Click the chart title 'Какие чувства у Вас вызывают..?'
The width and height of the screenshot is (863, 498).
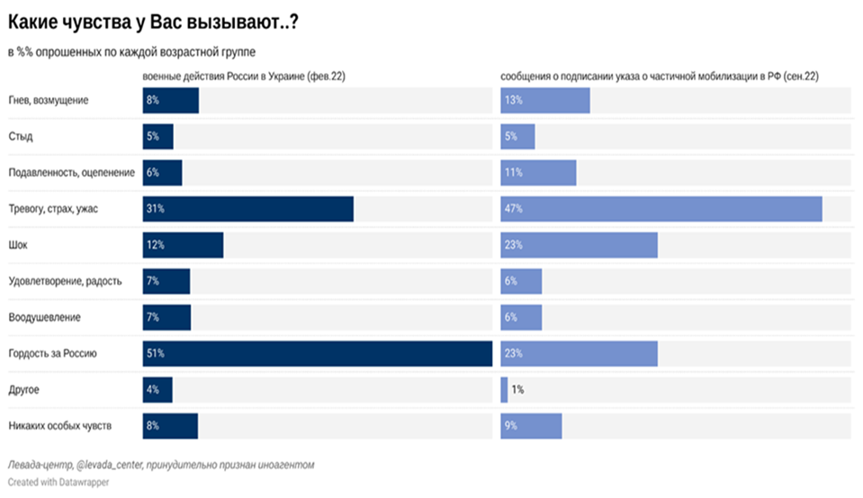[x=153, y=24]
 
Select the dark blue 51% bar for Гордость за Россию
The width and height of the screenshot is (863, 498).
[x=317, y=354]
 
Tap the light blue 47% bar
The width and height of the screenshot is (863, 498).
[x=661, y=209]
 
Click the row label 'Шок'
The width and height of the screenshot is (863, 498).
[x=19, y=245]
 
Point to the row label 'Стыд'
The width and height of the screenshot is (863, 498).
[x=21, y=137]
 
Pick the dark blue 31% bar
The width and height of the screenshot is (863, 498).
[x=247, y=209]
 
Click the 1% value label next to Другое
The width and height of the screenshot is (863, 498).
[x=517, y=390]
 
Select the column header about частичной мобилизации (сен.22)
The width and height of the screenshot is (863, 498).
[x=659, y=77]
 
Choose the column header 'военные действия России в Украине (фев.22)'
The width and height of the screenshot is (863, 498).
[x=244, y=77]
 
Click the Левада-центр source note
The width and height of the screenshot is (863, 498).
[x=161, y=465]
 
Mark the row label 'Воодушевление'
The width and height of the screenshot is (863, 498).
[x=44, y=318]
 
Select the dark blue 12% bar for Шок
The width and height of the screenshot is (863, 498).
[x=183, y=245]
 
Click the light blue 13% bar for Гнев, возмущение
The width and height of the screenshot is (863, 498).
[x=545, y=100]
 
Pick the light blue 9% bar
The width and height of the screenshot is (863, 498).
[x=531, y=426]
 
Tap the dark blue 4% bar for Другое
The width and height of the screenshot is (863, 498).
[x=157, y=390]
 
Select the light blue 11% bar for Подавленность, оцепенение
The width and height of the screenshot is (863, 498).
[x=538, y=173]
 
